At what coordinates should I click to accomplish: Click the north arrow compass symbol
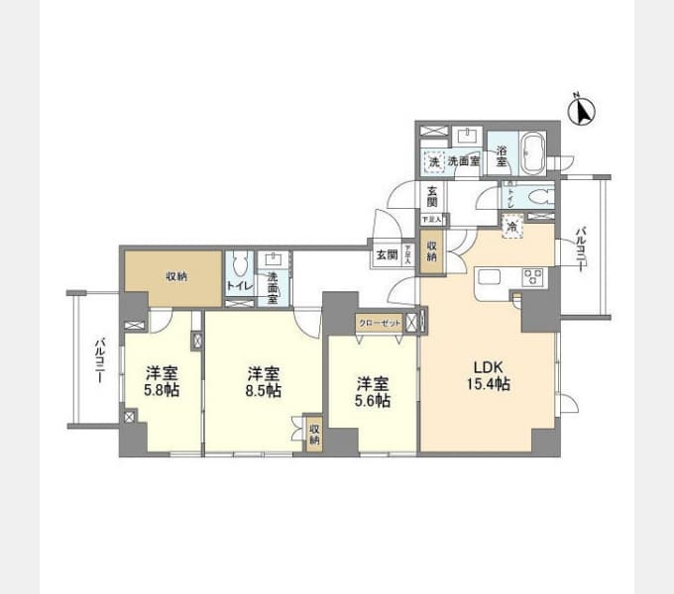click(x=582, y=110)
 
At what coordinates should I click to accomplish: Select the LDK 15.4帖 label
click(x=490, y=374)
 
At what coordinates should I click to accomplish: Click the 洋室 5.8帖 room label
click(x=163, y=381)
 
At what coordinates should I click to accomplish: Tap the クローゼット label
click(x=381, y=322)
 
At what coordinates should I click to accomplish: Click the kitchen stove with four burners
click(x=531, y=277)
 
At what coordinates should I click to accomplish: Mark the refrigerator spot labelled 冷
click(x=511, y=226)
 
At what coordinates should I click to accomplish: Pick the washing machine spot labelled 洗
click(x=433, y=161)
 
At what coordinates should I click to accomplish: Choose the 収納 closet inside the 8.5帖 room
click(x=313, y=434)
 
